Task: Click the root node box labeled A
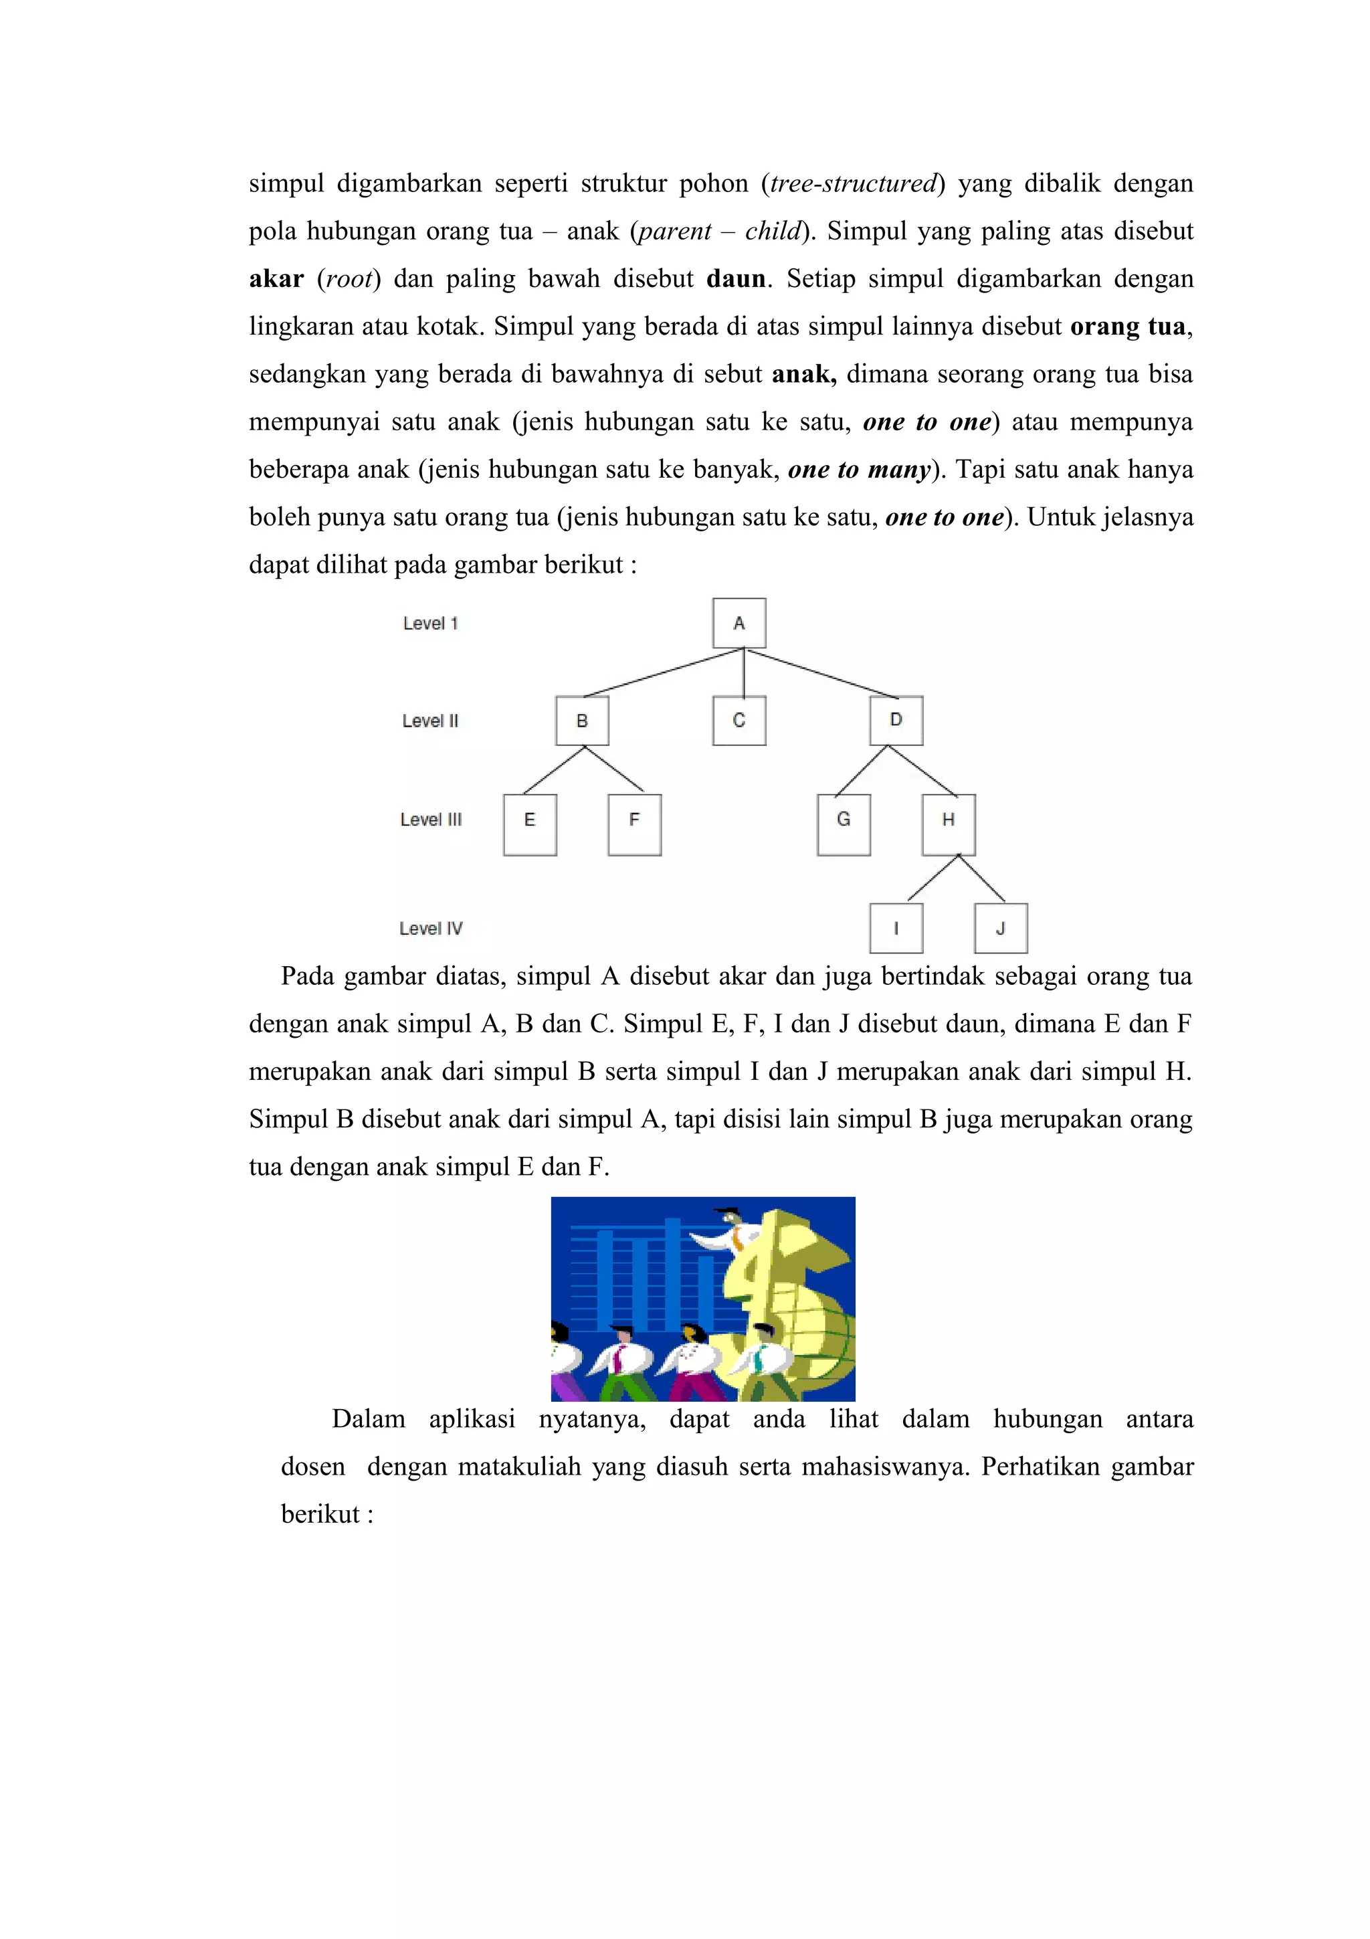click(739, 624)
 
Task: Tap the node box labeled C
click(739, 721)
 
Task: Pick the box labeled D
click(896, 721)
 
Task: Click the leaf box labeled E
click(529, 824)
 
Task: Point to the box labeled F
click(634, 824)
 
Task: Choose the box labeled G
click(844, 824)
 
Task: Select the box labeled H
click(948, 824)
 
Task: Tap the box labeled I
click(896, 928)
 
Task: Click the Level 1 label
click(431, 624)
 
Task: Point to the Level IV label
click(431, 928)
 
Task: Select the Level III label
click(431, 819)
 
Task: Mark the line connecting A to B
click(663, 673)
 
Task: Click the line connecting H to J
click(982, 879)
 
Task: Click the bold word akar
click(276, 279)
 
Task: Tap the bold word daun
click(735, 279)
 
